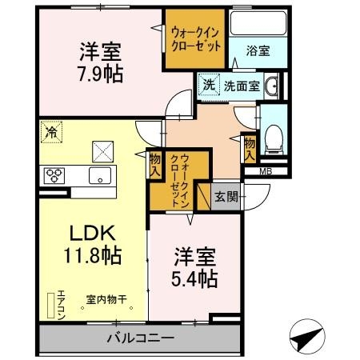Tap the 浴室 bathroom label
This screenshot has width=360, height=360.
(258, 50)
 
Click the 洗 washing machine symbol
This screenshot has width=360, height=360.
(208, 85)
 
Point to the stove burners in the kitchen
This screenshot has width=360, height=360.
(54, 174)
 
